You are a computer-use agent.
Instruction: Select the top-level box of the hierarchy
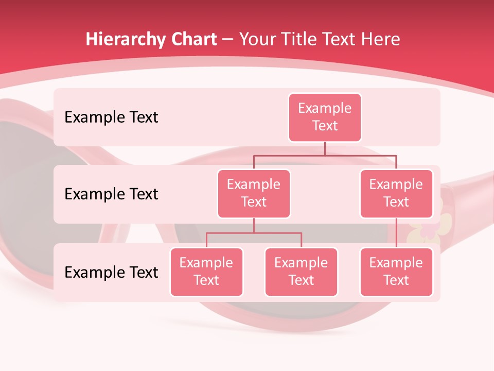(325, 117)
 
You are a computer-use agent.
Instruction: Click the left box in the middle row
(254, 193)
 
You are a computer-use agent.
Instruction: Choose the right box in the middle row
(396, 193)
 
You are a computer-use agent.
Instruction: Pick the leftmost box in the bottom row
(206, 272)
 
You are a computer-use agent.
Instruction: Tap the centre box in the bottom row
(301, 272)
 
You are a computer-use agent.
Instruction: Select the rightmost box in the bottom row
(396, 272)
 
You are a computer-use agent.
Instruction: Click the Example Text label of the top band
(111, 117)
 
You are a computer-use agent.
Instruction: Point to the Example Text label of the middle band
(111, 194)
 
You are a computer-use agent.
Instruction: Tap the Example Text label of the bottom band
(111, 272)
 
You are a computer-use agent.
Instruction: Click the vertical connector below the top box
(325, 148)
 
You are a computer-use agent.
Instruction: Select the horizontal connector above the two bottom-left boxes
(254, 233)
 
